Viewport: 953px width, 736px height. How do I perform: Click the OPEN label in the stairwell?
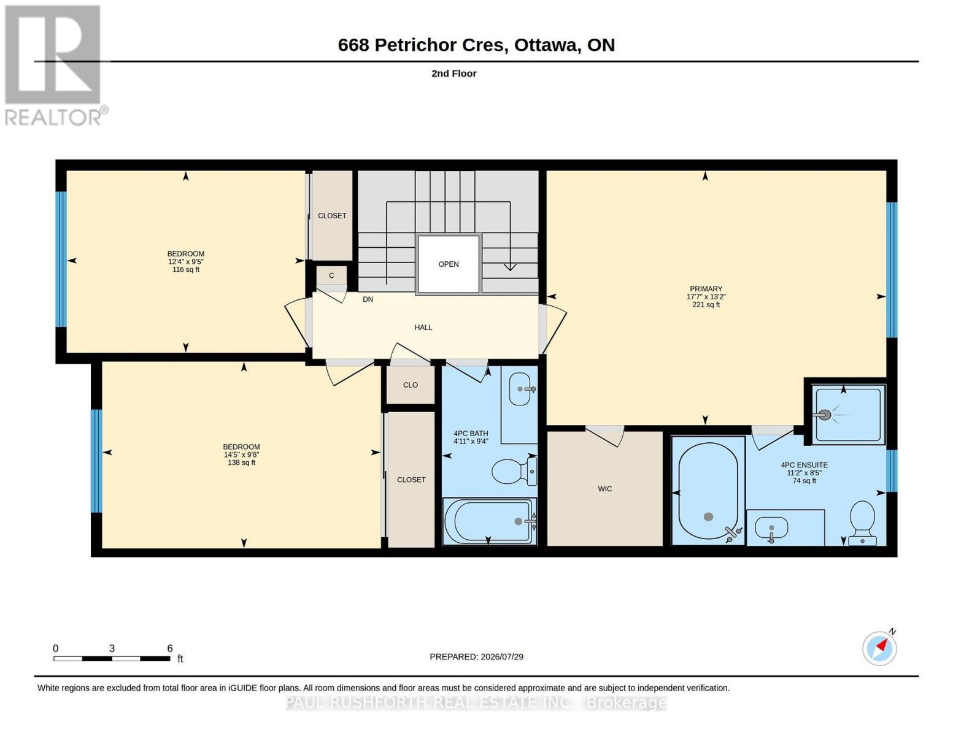(x=448, y=264)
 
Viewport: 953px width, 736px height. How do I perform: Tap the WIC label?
(x=605, y=489)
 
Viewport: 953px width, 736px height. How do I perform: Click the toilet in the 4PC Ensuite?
(x=862, y=523)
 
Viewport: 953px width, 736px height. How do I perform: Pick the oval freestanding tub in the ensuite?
(x=708, y=491)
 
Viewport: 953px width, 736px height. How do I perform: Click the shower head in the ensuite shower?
(x=825, y=415)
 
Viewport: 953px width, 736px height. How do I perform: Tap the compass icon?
(x=879, y=648)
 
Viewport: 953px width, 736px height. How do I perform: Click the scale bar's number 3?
(x=112, y=648)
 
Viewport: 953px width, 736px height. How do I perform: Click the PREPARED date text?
(x=476, y=657)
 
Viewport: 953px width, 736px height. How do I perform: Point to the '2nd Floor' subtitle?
(x=454, y=74)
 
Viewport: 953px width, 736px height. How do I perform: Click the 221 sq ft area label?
(x=706, y=305)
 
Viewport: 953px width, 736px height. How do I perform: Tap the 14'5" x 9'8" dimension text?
(x=241, y=454)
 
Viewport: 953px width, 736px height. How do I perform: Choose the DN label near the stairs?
(x=368, y=299)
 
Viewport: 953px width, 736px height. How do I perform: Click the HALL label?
(x=423, y=328)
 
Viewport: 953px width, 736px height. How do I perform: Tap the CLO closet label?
(x=411, y=385)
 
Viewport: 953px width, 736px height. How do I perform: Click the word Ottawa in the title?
(x=546, y=45)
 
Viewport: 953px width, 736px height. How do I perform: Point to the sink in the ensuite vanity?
(x=771, y=529)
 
